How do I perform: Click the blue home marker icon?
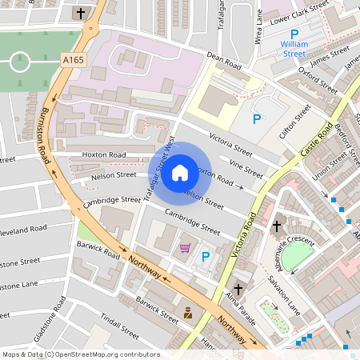tap(180, 172)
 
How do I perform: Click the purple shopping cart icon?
tap(186, 248)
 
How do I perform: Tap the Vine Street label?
tap(246, 168)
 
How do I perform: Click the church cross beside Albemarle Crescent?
tap(277, 226)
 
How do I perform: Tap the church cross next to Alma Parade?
tap(238, 288)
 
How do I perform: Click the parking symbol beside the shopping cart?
tap(206, 257)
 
